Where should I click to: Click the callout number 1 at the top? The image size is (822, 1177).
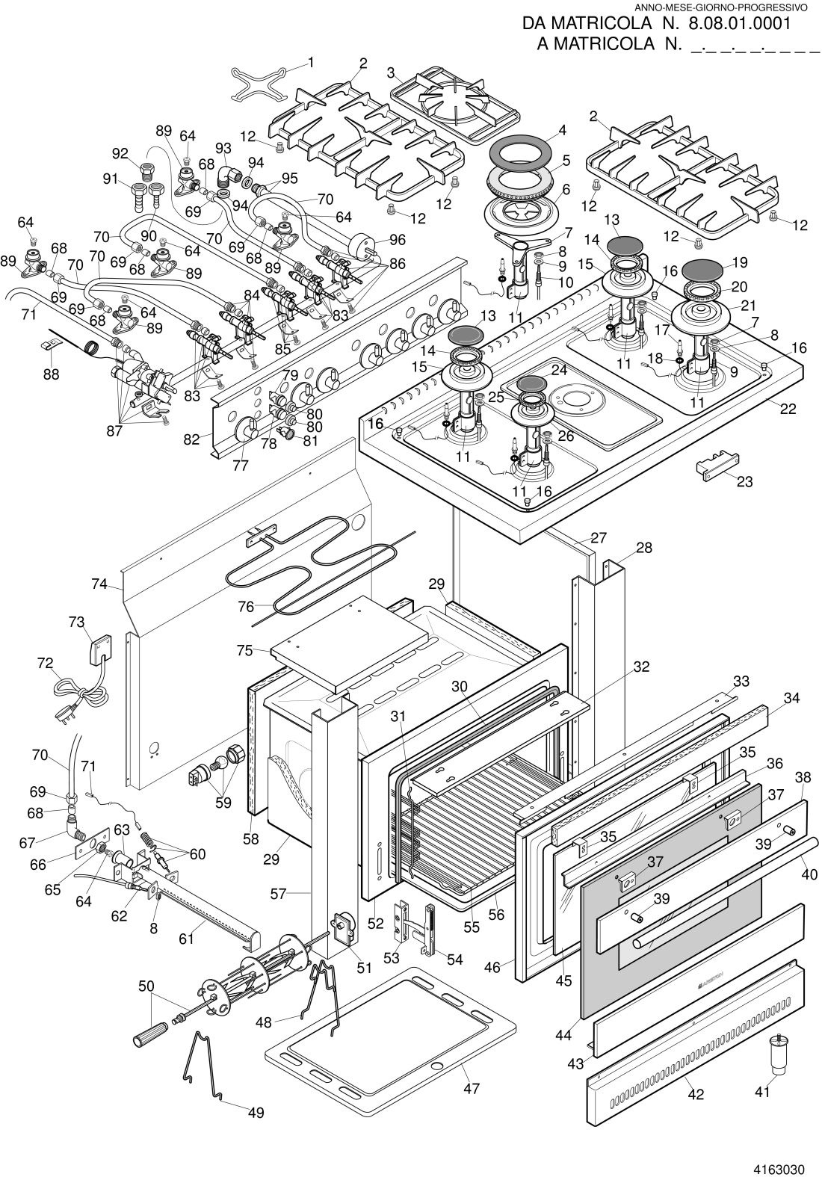click(311, 63)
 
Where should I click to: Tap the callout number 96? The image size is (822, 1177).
click(398, 240)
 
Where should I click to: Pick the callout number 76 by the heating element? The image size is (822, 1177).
click(246, 607)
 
